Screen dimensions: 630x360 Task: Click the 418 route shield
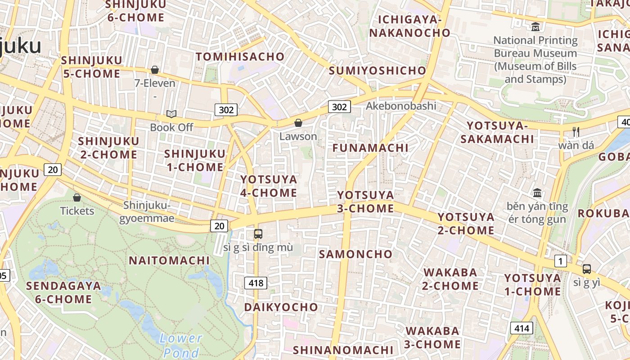point(256,283)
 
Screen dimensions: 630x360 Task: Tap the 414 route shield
point(522,328)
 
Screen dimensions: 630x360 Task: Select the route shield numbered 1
point(560,261)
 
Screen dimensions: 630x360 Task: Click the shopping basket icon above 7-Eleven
point(155,70)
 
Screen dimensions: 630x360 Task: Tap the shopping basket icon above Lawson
point(298,123)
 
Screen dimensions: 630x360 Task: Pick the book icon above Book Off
point(171,114)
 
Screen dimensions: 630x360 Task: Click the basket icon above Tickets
point(77,198)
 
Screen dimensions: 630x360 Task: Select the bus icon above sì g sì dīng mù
point(258,234)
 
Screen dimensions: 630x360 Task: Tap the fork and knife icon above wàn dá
point(576,132)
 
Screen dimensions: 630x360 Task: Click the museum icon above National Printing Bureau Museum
point(535,27)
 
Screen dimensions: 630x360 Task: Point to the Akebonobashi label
point(401,106)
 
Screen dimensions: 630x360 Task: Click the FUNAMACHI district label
point(370,148)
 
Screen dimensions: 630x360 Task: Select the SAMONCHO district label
point(355,254)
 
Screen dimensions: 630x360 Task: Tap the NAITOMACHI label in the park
point(169,261)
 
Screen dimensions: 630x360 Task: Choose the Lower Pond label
point(181,345)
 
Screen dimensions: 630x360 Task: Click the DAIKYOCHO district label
point(281,307)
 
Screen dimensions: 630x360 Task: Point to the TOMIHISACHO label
point(240,57)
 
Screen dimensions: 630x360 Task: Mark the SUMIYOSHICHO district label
point(377,71)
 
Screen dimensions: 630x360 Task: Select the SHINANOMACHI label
point(343,350)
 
